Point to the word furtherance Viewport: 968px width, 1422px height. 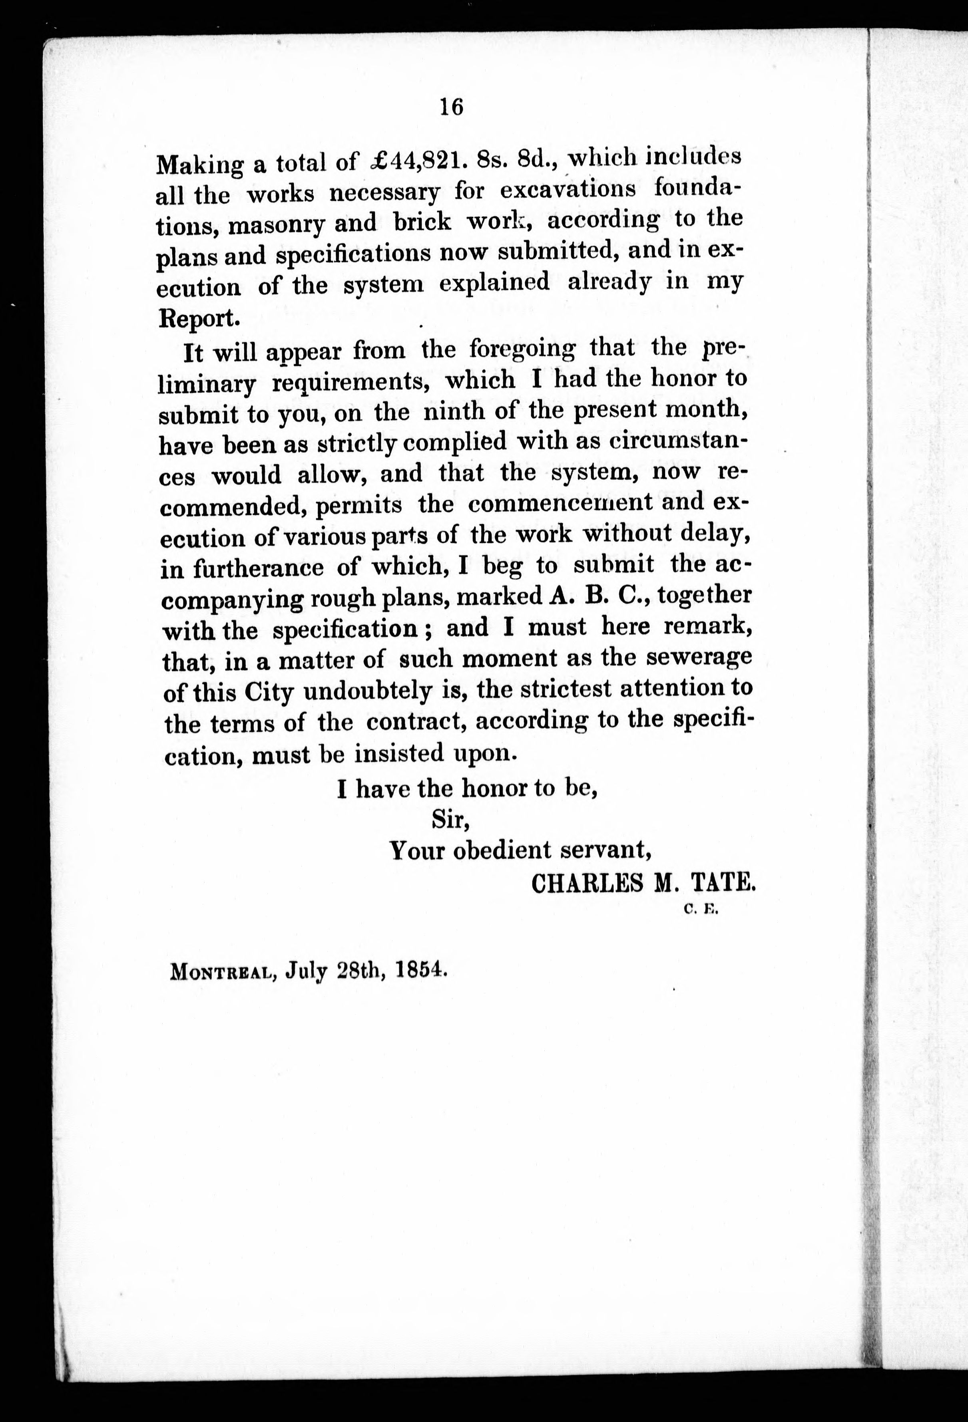coord(258,568)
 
